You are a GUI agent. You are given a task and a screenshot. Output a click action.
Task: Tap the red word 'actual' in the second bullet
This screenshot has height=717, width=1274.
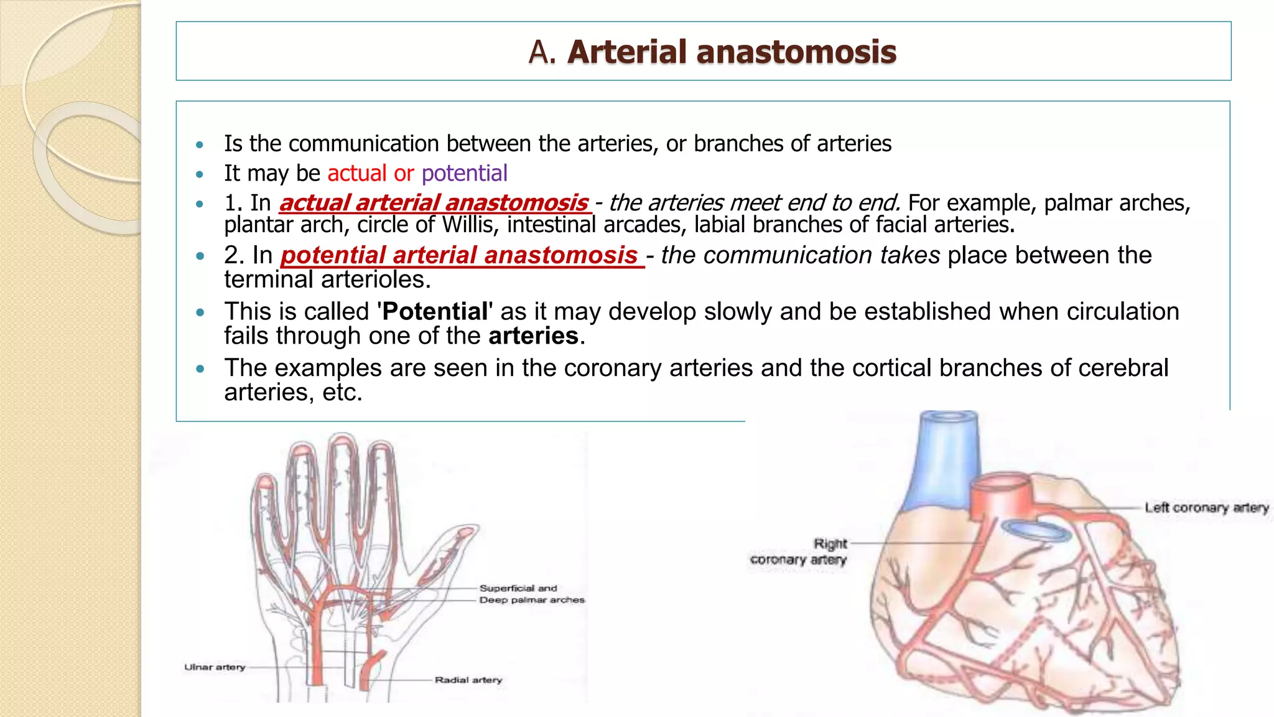coord(356,173)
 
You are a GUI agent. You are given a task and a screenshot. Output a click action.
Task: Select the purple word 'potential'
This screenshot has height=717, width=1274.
coord(464,173)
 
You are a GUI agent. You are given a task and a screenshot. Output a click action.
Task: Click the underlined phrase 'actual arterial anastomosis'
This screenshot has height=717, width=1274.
coord(434,203)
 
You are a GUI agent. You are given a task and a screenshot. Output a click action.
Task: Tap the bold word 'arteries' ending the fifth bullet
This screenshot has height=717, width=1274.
coord(533,336)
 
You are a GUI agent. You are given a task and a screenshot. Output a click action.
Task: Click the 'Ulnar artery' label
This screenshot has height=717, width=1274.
coord(215,667)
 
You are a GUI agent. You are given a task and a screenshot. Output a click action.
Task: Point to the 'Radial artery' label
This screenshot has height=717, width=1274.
coord(468,680)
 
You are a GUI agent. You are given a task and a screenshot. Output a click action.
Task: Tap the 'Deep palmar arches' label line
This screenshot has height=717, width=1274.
coord(532,600)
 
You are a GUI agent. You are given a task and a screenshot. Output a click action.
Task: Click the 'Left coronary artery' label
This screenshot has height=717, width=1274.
coord(1206,508)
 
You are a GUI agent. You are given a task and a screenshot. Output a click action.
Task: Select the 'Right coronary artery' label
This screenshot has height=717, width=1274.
coord(799,551)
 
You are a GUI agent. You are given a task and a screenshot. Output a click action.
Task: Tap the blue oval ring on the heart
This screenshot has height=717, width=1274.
coord(1035,530)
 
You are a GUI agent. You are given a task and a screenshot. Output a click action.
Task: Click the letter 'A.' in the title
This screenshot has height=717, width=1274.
coord(541,52)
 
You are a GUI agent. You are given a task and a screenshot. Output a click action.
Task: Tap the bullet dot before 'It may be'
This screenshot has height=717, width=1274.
coord(200,174)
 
